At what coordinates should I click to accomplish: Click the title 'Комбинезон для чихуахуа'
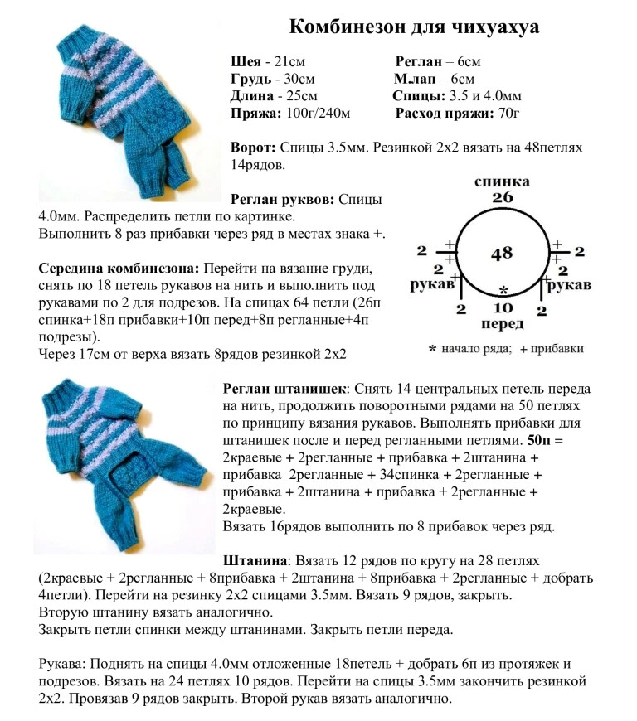414,27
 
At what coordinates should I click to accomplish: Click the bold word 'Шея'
246,62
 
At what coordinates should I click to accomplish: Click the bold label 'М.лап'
416,79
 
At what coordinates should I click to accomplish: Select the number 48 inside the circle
501,253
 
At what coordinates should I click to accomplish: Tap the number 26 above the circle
502,197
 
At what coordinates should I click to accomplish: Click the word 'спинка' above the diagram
502,181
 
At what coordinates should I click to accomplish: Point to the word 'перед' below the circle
502,324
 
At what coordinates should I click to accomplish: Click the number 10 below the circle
502,308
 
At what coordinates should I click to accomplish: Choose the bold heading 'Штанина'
255,561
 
